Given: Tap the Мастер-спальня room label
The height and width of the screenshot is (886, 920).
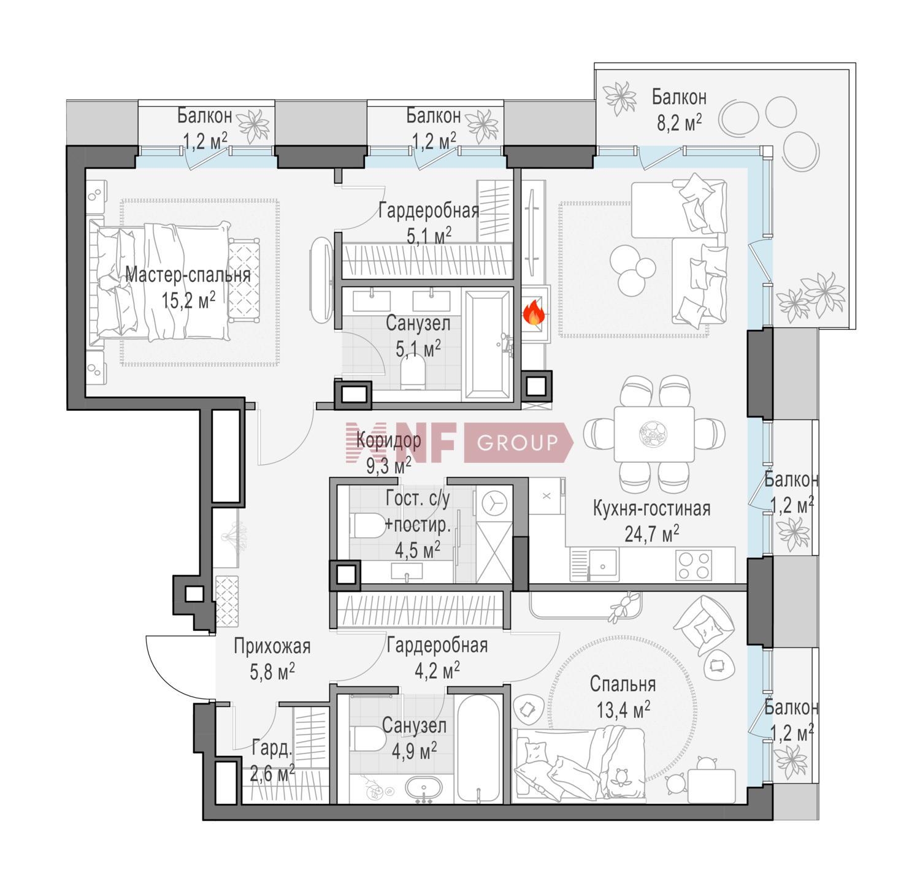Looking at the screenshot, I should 188,275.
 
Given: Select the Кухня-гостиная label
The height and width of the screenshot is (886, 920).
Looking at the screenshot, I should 651,508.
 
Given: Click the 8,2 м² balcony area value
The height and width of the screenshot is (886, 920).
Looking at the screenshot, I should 679,123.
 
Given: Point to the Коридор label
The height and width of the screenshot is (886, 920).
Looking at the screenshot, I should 389,440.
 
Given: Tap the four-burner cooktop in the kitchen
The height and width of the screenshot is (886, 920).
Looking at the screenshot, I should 694,565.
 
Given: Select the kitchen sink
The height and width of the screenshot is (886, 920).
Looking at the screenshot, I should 603,562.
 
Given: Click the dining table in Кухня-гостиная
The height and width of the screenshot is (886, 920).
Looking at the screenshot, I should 654,434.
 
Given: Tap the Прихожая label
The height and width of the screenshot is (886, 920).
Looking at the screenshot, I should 272,646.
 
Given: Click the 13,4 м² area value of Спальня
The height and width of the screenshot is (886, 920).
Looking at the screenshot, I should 623,711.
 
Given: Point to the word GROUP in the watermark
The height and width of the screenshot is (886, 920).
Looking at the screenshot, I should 517,442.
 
